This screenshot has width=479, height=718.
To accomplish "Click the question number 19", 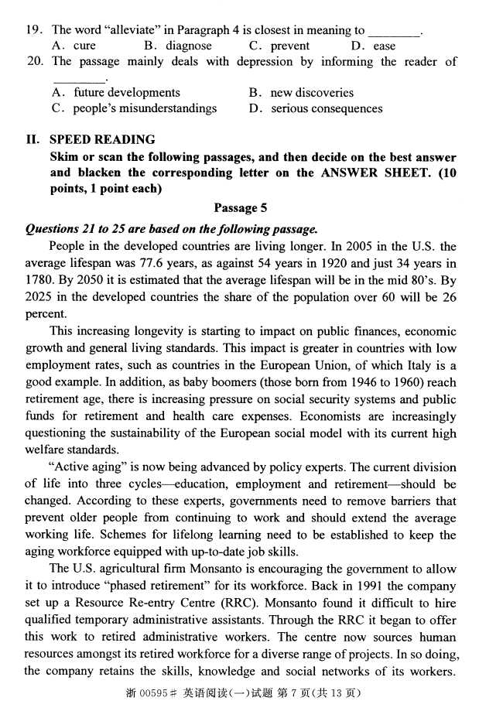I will coord(34,30).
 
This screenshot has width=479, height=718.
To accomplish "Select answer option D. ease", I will coord(375,46).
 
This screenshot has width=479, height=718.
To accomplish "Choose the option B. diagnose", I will coord(179,46).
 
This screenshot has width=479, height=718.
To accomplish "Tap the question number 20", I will coord(35,61).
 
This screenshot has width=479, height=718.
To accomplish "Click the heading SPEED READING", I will coord(102,139).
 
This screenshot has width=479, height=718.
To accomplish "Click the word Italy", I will coord(420,365).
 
